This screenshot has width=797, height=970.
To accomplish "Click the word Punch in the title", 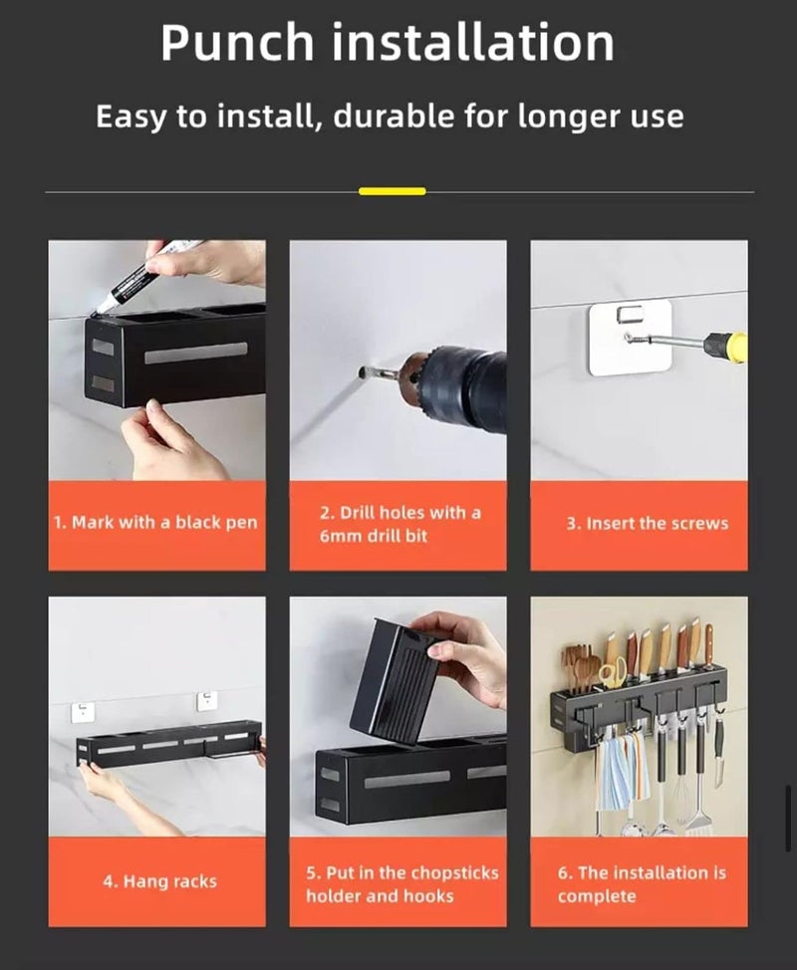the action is pos(237,43).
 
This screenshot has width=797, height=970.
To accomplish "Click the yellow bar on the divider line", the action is pos(393,191).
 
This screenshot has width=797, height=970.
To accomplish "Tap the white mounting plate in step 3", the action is pos(630,338).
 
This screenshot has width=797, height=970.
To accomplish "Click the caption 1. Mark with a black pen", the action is pos(155,523).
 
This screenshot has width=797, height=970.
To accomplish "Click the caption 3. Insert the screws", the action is pos(648,524).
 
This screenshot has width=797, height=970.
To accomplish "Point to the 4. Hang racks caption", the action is pos(159,881).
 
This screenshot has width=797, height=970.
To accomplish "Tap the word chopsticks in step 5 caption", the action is pos(455,872).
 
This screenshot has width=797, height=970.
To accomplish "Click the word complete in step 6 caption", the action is pos(597,896).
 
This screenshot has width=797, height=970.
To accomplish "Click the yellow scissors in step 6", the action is pos(613,671).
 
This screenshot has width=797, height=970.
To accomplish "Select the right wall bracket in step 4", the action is pos(207,701).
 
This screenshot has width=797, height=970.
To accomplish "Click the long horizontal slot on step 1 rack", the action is pos(196,353).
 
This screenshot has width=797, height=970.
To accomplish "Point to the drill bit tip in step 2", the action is pos(363,373).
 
